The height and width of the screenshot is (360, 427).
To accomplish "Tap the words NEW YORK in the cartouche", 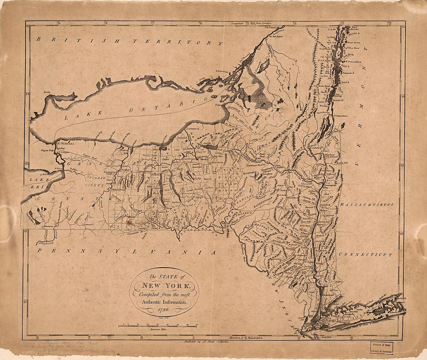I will click(x=163, y=286).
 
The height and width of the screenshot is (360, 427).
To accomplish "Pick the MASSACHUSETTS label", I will click(x=367, y=204).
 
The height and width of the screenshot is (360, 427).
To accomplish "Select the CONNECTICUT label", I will click(x=365, y=255).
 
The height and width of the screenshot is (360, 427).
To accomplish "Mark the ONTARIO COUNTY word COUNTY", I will click(x=96, y=185).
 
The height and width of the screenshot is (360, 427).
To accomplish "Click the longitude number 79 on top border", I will click(x=58, y=23).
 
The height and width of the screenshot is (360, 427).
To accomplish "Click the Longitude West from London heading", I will click(x=252, y=23).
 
